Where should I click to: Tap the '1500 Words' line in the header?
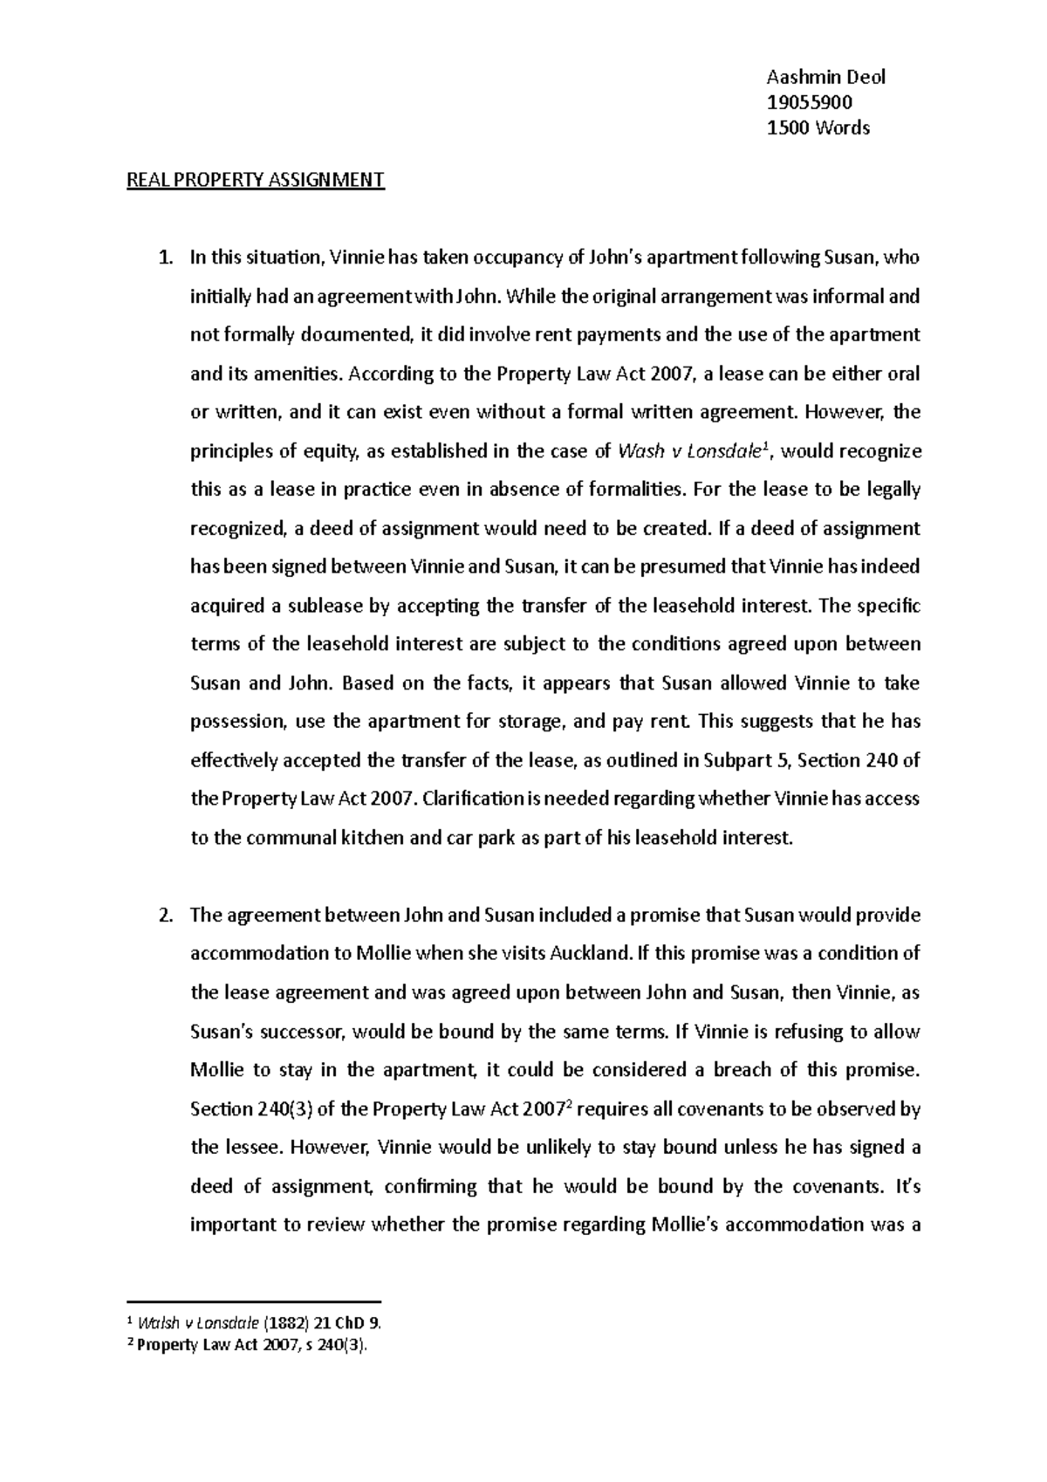click(x=818, y=128)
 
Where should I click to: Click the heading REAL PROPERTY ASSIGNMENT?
click(x=256, y=181)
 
